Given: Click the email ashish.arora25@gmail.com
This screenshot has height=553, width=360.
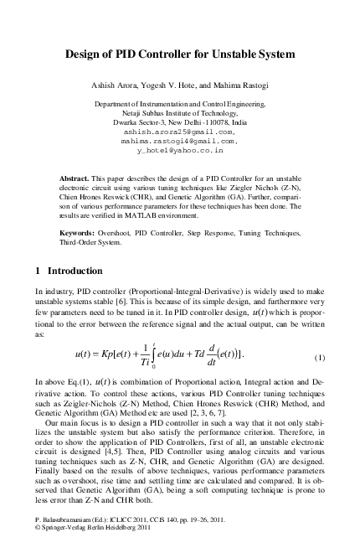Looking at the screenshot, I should (180, 132).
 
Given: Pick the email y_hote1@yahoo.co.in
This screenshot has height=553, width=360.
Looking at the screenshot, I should (180, 152).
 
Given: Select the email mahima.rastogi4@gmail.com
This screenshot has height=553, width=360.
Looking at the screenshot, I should (180, 142).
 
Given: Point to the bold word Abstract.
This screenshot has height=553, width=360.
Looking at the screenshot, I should (78, 180).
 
